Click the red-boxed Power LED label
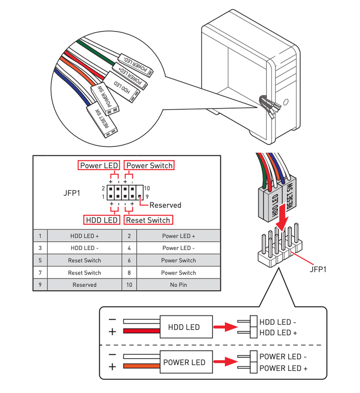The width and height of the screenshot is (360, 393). point(98,166)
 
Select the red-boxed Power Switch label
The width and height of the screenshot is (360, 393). point(150,166)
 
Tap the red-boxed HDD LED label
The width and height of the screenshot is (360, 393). point(101,220)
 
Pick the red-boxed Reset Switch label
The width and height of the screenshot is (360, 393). point(148,220)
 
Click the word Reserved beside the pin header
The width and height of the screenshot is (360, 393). point(165,205)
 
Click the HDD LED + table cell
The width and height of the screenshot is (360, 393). point(85,236)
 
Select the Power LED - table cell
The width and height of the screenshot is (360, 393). point(178,248)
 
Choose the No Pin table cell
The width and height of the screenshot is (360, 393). point(178,285)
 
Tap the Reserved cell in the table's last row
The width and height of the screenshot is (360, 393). point(85,285)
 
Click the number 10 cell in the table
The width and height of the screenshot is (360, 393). point(129,285)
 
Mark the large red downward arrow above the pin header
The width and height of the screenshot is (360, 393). point(281,218)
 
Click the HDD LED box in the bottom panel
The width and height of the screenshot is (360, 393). point(184,327)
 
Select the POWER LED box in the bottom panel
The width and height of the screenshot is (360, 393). point(184,363)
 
